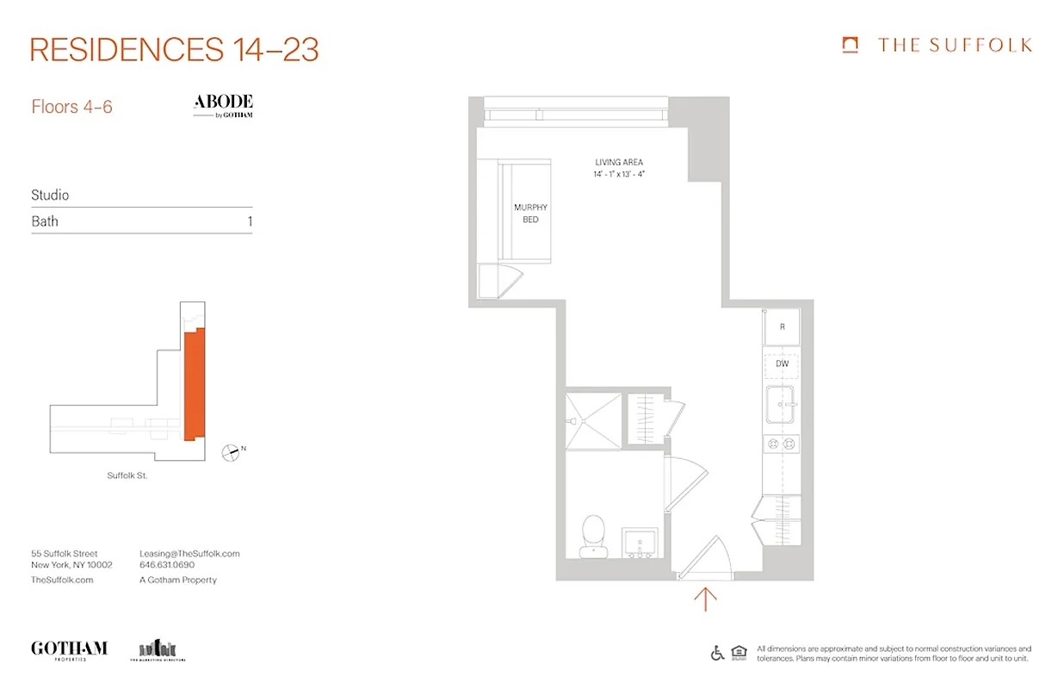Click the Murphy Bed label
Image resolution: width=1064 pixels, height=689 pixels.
530,214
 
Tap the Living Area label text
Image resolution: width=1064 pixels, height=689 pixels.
618,162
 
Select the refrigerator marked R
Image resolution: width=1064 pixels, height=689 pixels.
782,327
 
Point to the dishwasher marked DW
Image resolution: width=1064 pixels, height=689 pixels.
782,364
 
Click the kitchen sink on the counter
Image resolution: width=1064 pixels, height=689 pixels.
782,405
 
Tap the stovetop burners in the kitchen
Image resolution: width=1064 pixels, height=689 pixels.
782,444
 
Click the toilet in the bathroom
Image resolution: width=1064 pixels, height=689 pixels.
593,534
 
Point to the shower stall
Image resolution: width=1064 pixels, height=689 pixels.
593,421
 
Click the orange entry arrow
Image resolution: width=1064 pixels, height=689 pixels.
705,598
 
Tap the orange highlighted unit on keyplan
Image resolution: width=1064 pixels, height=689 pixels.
194,383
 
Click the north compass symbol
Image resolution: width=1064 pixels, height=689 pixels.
231,451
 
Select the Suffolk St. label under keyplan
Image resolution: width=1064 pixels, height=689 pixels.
127,475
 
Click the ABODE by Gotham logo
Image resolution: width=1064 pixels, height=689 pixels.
223,105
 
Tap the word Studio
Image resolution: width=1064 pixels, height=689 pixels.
50,196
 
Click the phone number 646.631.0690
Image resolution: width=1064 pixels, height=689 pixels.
167,565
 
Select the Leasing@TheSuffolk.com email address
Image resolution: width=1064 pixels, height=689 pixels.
189,554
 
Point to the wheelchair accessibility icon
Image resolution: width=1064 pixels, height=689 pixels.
718,653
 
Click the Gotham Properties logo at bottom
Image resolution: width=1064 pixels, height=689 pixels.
69,649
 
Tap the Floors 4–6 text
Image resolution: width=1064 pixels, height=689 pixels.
71,107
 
